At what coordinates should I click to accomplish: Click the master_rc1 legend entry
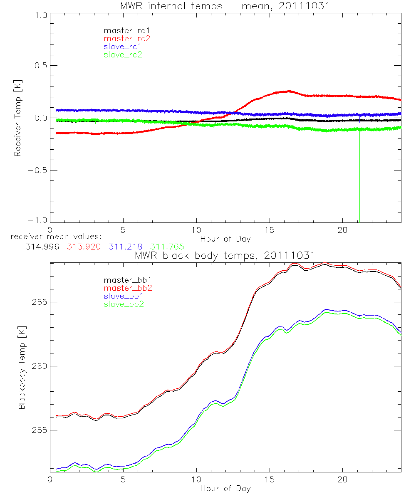(123, 31)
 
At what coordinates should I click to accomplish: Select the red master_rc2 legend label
(127, 39)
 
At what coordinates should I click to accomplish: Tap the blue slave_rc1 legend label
(123, 47)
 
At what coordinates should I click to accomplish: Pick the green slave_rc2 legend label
(123, 54)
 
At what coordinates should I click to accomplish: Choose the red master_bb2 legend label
(128, 288)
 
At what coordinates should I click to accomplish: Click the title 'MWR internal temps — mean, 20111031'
(225, 6)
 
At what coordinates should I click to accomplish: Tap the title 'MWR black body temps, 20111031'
(225, 255)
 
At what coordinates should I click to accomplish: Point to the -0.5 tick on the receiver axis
(37, 170)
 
